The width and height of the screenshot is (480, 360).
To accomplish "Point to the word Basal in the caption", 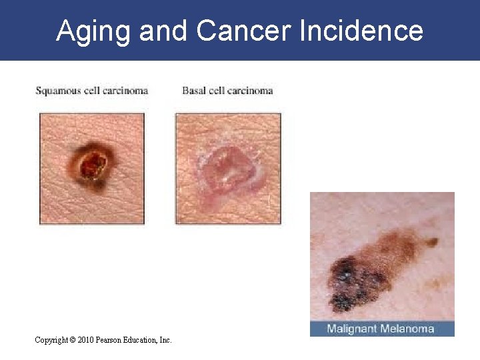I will tap(194, 91).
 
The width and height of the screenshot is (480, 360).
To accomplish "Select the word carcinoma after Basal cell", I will tap(249, 91).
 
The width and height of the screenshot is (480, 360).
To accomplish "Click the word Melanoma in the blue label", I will tap(408, 329).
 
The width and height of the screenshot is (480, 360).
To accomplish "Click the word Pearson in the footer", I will tap(111, 340).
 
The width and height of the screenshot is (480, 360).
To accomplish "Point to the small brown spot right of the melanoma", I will tap(433, 242).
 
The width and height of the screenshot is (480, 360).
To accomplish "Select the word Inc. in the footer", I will tap(165, 340).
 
